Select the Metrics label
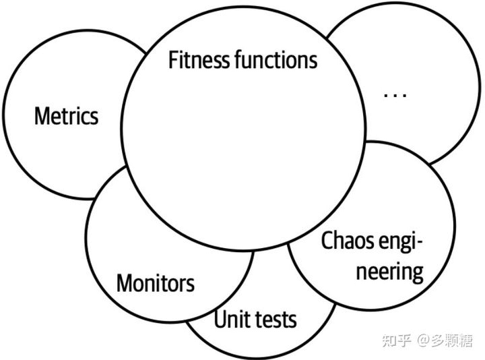coord(66,116)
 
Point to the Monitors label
coord(155,283)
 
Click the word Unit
coord(228,319)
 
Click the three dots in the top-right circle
coord(395,95)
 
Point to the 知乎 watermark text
coord(396,341)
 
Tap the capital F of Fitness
coord(172,61)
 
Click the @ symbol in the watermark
coord(423,341)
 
